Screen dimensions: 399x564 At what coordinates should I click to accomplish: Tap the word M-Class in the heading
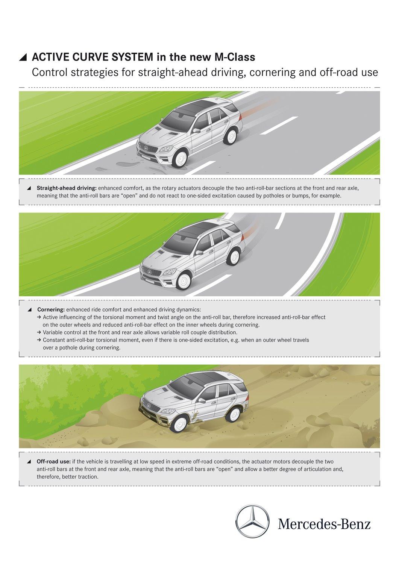pos(235,57)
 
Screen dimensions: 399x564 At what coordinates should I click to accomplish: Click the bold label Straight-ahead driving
pos(67,188)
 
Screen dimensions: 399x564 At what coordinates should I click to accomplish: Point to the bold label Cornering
pos(51,310)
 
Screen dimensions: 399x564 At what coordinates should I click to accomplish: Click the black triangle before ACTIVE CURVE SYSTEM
pos(23,58)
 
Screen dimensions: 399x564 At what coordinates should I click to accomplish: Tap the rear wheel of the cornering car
pos(234,257)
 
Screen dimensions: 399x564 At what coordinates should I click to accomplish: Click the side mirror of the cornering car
pos(199,252)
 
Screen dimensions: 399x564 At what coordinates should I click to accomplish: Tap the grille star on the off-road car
pos(149,405)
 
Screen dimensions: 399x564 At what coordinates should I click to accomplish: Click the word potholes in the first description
pos(273,196)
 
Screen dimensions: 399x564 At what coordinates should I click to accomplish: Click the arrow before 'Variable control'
pos(39,332)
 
